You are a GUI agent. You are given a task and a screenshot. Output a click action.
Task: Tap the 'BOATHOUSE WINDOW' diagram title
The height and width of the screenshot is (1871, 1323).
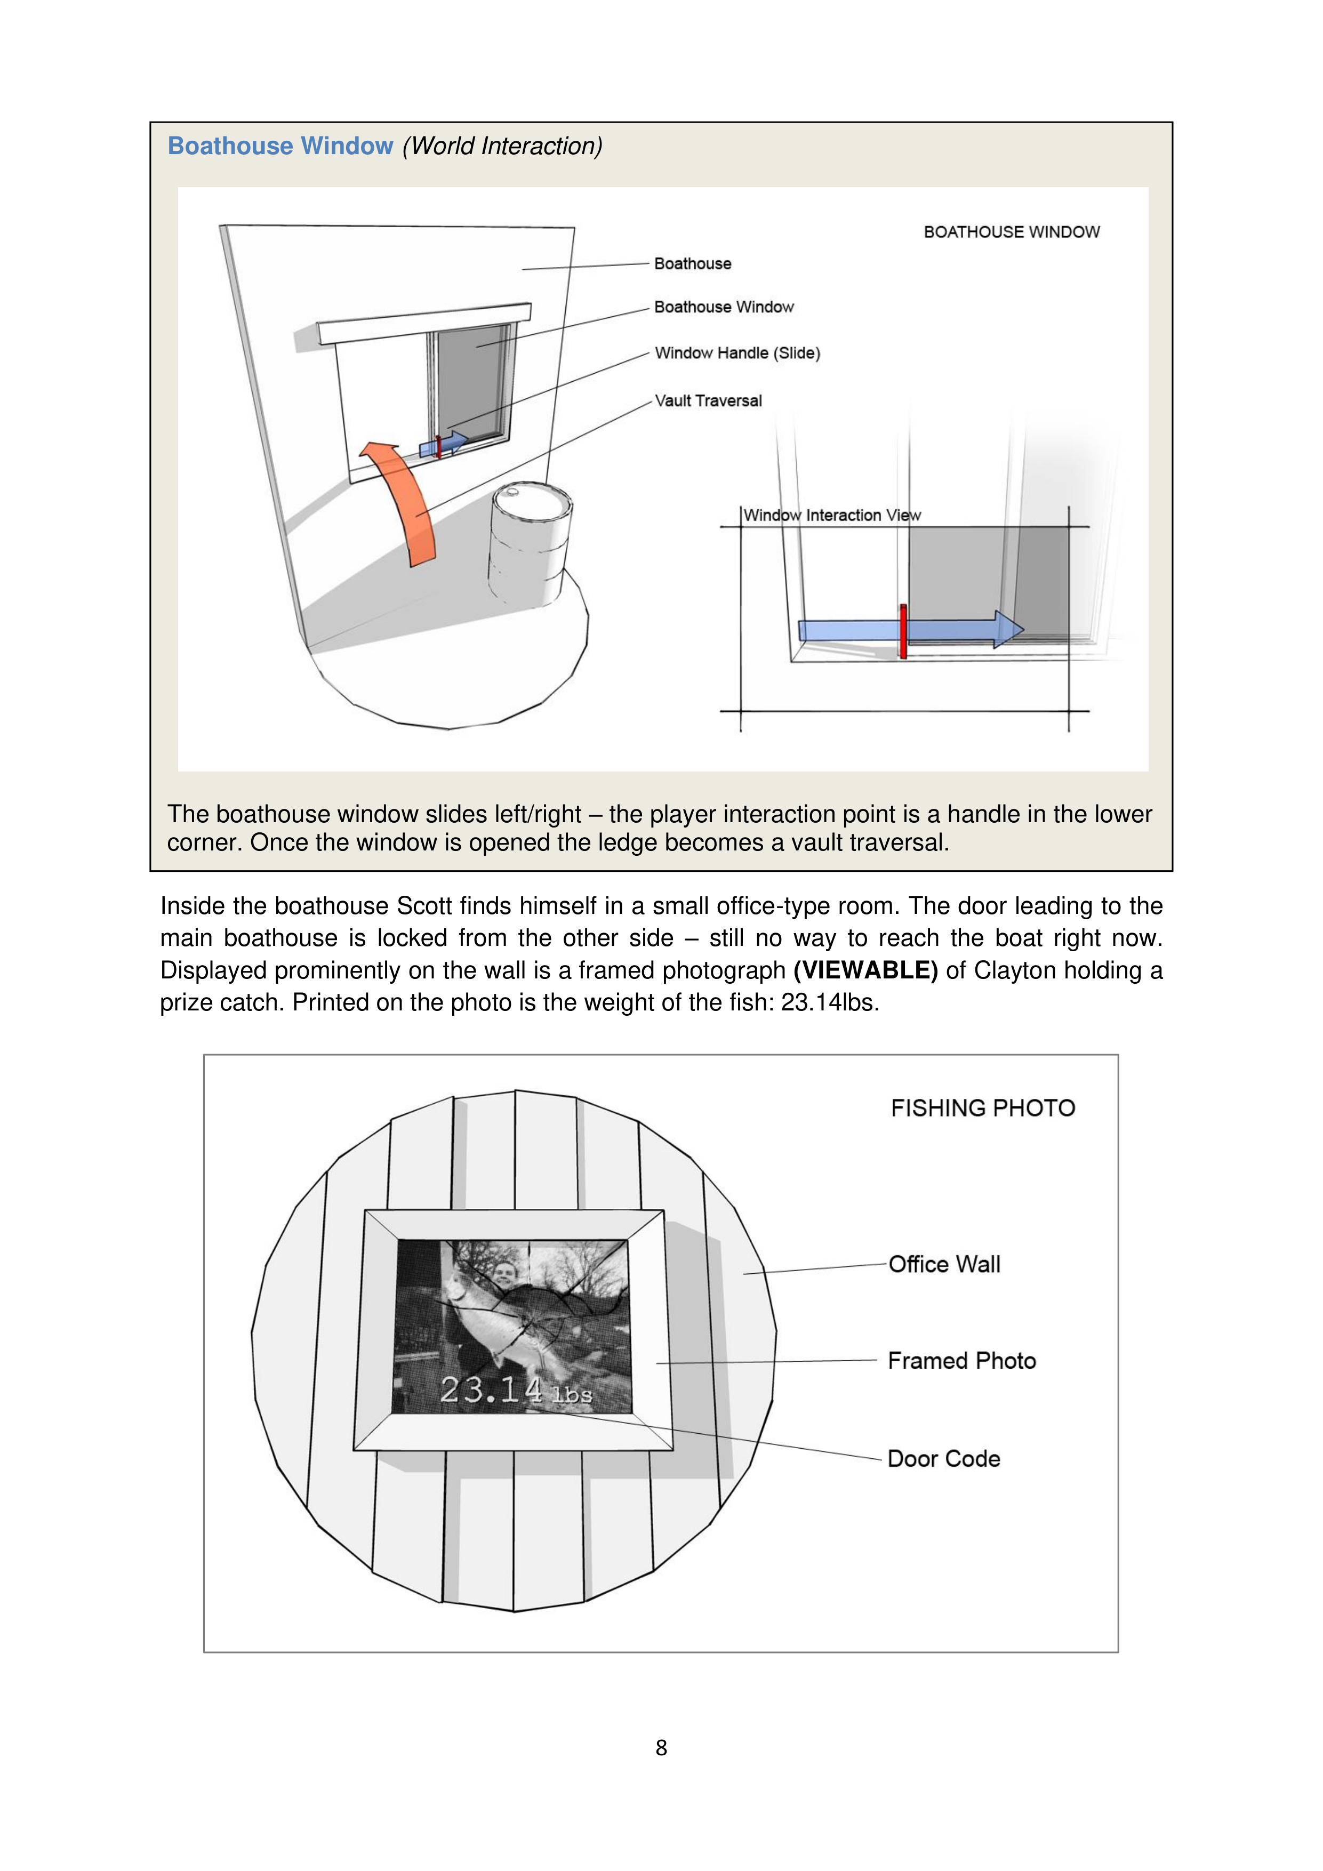[x=1011, y=232]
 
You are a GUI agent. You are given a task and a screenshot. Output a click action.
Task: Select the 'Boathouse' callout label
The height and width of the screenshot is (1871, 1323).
[x=692, y=264]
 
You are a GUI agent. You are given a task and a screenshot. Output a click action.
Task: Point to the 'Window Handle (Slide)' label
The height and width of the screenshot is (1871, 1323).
[x=737, y=353]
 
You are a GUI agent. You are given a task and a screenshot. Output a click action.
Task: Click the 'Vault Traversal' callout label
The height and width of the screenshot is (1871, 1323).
[x=708, y=401]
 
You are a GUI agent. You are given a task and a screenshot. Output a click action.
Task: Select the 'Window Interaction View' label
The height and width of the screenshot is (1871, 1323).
[x=831, y=515]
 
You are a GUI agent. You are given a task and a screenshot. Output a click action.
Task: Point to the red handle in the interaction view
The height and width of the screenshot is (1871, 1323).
[x=903, y=631]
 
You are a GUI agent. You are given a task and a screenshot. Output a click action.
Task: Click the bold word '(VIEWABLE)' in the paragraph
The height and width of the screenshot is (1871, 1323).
[x=865, y=970]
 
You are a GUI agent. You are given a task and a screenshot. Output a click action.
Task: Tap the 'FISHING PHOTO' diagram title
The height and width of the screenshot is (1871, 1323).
[x=982, y=1109]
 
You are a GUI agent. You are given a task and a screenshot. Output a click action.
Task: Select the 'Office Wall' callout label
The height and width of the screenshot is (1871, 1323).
[x=944, y=1265]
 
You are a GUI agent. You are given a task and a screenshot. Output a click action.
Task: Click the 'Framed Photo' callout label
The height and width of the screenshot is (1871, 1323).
[x=961, y=1361]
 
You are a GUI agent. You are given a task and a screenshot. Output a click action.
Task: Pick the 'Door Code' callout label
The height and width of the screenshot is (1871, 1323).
[x=943, y=1459]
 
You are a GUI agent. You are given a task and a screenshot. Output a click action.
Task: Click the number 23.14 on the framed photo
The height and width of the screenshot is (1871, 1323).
[x=491, y=1390]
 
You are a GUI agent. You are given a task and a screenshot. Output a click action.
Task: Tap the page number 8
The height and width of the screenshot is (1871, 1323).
[x=661, y=1748]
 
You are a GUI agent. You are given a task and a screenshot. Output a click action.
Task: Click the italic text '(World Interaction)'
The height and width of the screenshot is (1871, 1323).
[x=502, y=146]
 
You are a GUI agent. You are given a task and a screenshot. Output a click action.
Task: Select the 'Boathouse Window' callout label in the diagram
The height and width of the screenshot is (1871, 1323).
[x=723, y=307]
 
